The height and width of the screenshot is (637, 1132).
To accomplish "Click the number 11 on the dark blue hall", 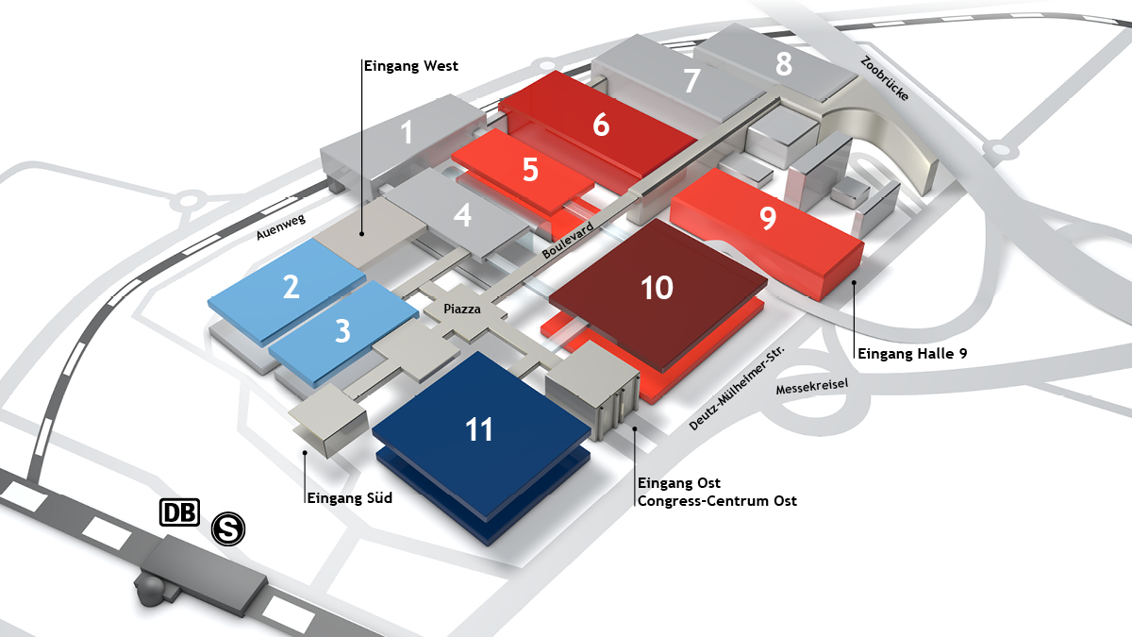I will (x=479, y=430).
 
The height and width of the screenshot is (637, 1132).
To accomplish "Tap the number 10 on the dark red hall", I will (x=657, y=288).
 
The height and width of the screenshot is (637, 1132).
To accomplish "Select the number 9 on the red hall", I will (x=768, y=218).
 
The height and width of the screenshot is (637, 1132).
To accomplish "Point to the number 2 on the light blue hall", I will (x=291, y=286).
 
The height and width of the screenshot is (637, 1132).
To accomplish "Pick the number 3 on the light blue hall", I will (x=342, y=331).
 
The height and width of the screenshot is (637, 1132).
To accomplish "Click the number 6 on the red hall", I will (x=601, y=125).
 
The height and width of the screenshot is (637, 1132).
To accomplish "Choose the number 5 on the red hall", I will (x=530, y=171).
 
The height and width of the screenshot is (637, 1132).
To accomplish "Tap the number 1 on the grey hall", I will (x=407, y=133).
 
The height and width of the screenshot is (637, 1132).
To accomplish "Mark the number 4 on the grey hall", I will (x=462, y=216).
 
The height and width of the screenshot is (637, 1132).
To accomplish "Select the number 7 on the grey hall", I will (x=692, y=82).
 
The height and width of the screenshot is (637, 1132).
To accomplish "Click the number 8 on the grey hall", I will (x=784, y=64).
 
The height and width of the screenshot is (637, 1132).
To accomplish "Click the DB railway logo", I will (x=179, y=512).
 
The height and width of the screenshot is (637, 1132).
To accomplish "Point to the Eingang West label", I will (x=411, y=66).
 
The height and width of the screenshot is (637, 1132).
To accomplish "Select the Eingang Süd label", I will (x=349, y=498).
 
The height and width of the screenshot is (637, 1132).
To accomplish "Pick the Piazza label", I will (x=462, y=309).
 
